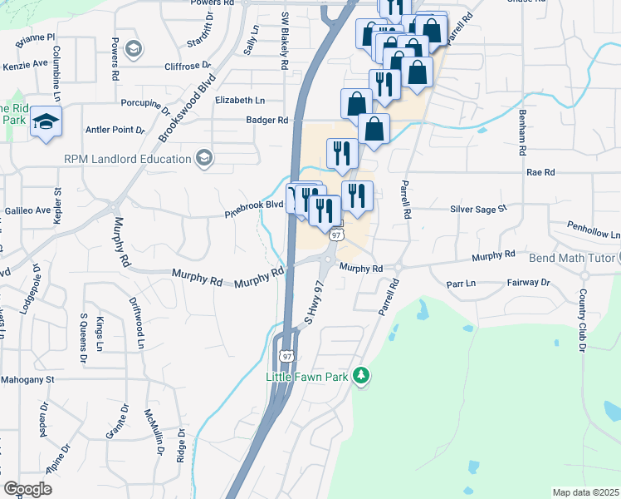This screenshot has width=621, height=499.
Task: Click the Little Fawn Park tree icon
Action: pos(360,377)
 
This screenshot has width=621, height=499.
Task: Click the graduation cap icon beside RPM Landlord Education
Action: pos(204,158)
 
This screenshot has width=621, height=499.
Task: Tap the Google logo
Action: pos(27,489)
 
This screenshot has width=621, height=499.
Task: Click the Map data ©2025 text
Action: pos(585,492)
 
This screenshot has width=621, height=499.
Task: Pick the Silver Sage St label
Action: pos(478,210)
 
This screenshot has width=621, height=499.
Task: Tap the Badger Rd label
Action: pos(266,120)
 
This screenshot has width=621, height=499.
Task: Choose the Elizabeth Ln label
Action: pos(239,100)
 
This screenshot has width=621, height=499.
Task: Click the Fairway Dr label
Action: pos(528,283)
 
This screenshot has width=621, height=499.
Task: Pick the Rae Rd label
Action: pos(540,172)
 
